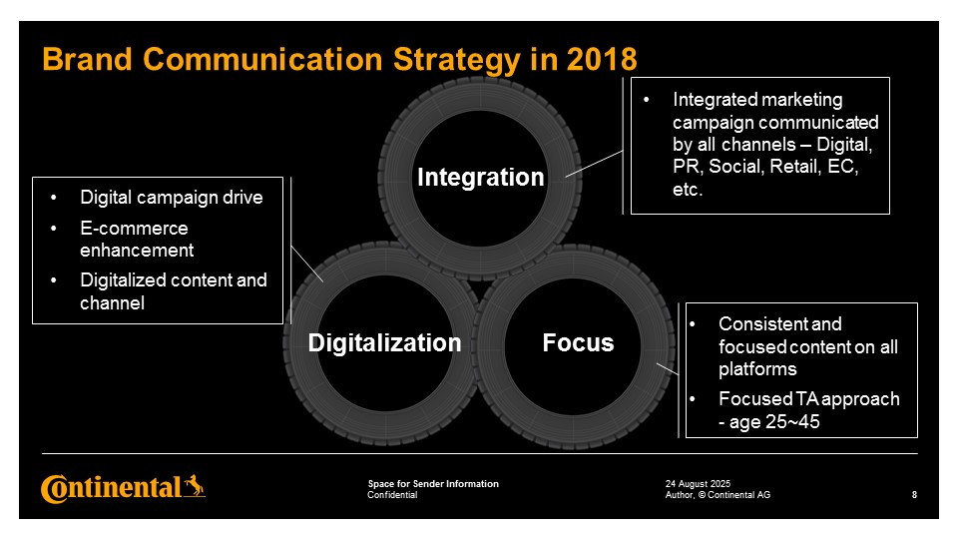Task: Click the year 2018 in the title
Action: tap(602, 59)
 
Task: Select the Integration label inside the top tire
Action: tap(481, 178)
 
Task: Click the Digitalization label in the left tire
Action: tap(384, 342)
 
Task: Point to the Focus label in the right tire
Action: tap(578, 342)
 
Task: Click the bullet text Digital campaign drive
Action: tap(172, 198)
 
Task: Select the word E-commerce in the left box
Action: tap(134, 228)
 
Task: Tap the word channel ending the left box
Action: tap(113, 303)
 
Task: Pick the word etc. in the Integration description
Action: tap(688, 190)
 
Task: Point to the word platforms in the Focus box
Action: tap(757, 369)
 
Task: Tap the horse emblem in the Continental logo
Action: tap(195, 486)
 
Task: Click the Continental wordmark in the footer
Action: tap(111, 488)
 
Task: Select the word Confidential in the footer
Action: tap(392, 495)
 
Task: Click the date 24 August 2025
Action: tap(698, 484)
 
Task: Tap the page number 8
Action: tap(914, 495)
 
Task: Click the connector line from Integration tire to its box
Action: tap(594, 164)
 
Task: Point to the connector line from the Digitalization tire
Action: tap(307, 264)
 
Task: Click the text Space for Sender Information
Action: tap(433, 484)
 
